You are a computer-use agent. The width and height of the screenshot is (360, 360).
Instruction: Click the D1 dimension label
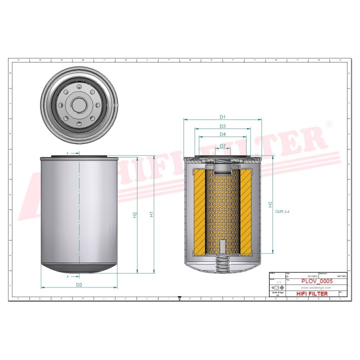223,117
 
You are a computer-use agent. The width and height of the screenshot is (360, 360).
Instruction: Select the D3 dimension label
223,126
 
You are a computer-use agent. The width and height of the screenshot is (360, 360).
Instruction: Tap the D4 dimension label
223,134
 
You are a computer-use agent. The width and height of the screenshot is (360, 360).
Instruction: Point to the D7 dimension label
223,146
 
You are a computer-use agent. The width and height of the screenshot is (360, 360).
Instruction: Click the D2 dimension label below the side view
79,285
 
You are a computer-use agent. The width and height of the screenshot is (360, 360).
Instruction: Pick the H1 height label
151,214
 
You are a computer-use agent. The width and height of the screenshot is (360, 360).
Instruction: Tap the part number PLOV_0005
317,282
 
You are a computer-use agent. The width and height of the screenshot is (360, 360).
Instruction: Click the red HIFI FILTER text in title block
312,294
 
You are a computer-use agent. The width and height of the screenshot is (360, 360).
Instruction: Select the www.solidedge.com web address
317,288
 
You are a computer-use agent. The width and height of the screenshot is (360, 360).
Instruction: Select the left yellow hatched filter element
198,210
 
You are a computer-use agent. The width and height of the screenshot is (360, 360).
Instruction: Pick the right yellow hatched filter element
247,210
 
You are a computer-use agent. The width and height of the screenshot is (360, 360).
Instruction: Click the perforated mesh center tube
222,205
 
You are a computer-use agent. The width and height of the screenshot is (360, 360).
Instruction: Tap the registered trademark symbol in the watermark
328,123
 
